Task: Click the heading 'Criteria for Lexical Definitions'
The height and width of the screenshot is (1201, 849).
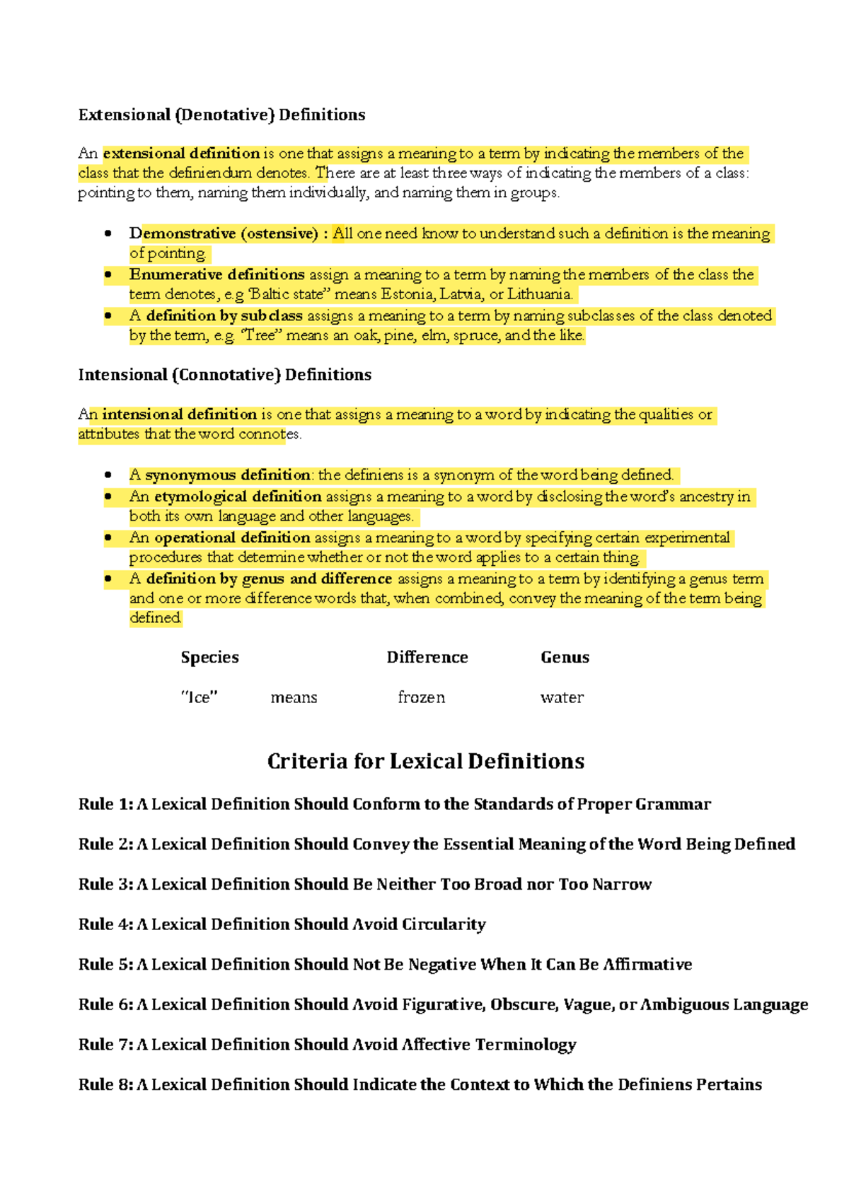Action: point(425,761)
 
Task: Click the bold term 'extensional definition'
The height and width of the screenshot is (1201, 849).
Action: point(181,153)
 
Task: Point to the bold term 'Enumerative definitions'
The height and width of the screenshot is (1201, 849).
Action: point(216,274)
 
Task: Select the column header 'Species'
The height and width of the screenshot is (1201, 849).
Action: point(209,657)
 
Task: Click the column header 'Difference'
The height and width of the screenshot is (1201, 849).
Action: point(427,657)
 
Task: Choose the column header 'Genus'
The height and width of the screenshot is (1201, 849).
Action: point(565,657)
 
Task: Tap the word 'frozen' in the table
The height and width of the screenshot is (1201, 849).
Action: point(421,697)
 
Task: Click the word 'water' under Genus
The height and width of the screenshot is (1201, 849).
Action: point(562,697)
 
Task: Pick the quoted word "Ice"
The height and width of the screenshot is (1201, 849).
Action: point(199,697)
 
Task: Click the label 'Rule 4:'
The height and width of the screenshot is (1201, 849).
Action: point(105,924)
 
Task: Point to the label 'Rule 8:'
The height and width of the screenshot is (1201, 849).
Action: point(105,1084)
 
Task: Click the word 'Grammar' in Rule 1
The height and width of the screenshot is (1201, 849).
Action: point(673,804)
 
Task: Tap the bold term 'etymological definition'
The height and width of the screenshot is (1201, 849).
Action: point(238,497)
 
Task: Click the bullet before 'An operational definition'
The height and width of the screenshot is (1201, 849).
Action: point(108,538)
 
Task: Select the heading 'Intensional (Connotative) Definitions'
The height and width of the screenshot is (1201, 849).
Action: point(224,375)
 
